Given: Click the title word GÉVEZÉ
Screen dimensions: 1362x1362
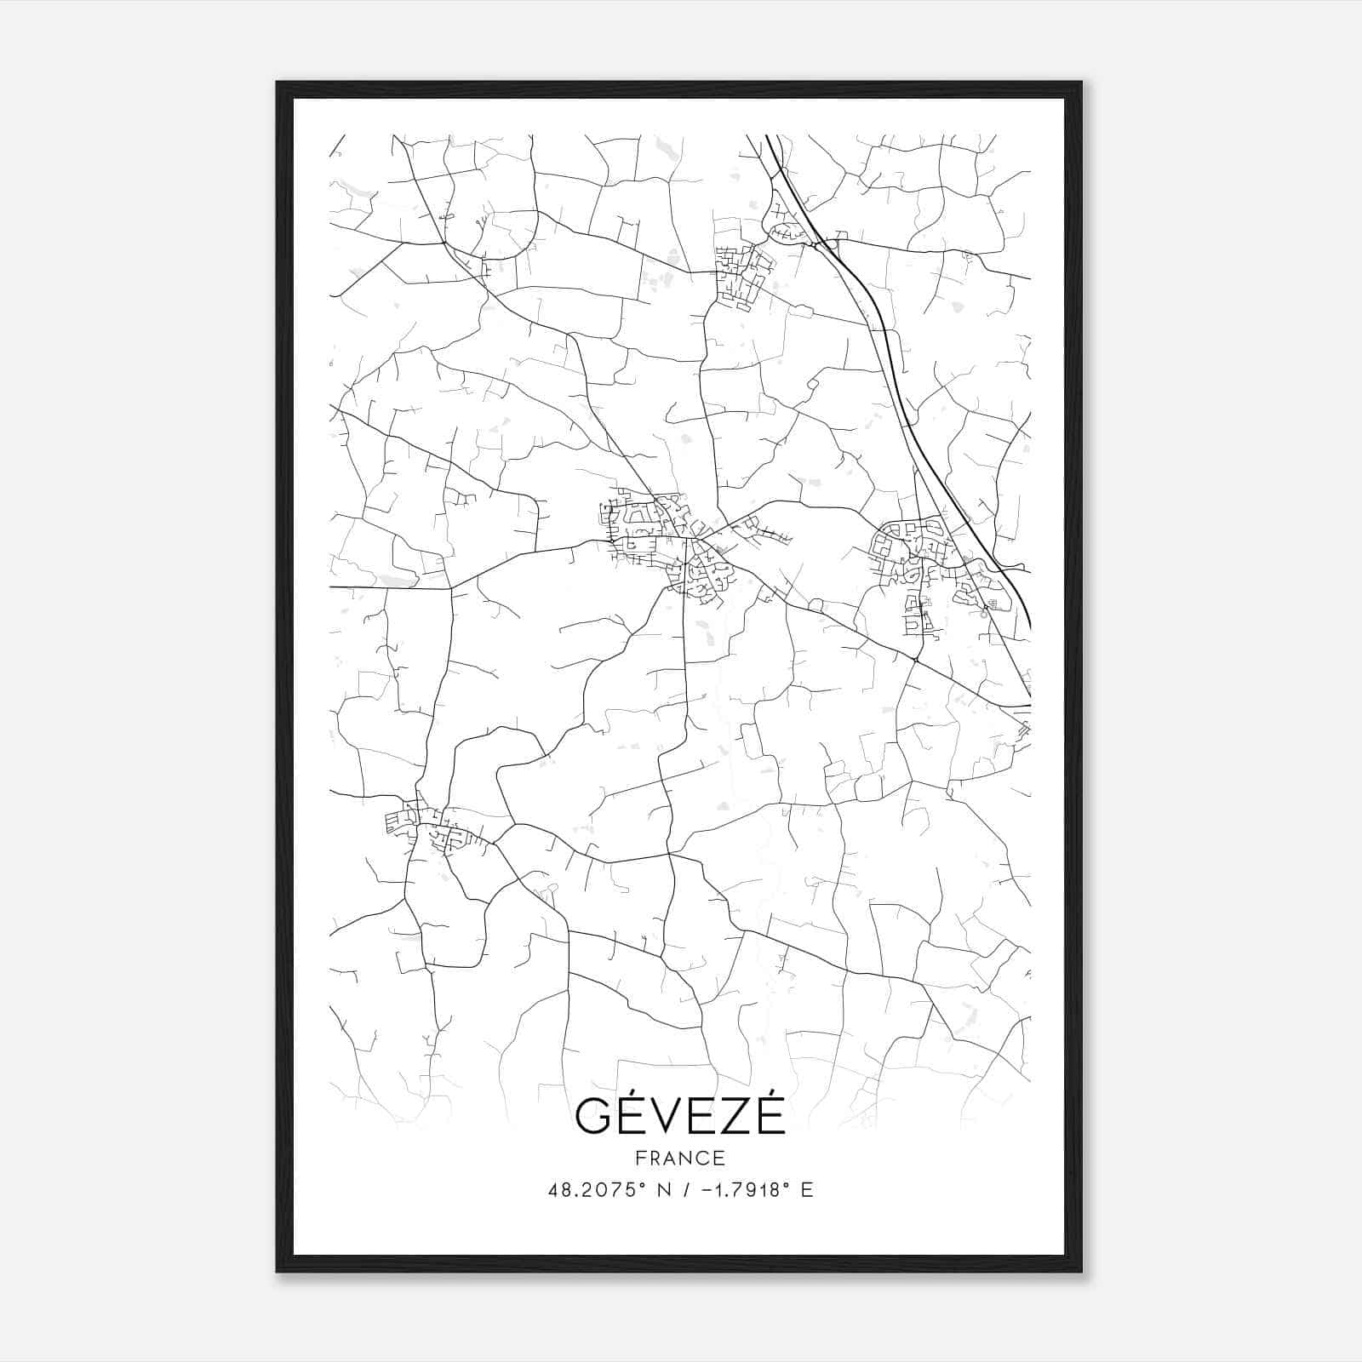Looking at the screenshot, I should coord(679,1116).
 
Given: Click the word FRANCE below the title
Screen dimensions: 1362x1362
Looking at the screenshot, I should coord(679,1158).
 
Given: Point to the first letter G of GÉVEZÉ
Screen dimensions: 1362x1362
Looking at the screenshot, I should coord(592,1117).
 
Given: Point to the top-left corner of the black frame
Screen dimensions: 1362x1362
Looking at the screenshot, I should coord(278,83).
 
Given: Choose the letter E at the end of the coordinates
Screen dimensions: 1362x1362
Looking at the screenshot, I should coord(807,1190).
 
